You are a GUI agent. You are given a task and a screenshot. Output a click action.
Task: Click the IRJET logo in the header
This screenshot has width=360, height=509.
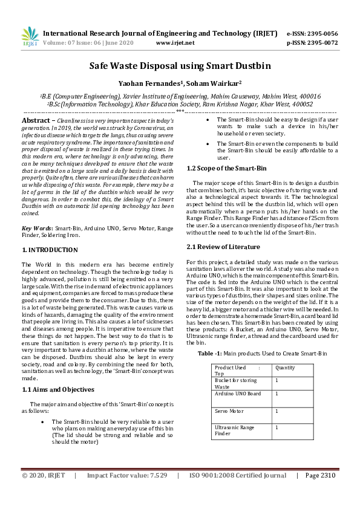[30, 37]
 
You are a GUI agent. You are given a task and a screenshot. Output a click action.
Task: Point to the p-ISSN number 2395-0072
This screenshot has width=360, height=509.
[322, 43]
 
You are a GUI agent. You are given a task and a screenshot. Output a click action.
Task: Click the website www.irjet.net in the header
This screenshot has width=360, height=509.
[175, 43]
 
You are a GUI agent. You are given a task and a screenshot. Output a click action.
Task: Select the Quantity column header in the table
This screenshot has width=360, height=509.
[285, 367]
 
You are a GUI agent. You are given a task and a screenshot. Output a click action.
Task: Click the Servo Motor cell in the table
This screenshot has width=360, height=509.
[229, 411]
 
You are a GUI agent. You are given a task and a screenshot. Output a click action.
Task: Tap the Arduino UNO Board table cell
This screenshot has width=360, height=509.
[238, 394]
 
